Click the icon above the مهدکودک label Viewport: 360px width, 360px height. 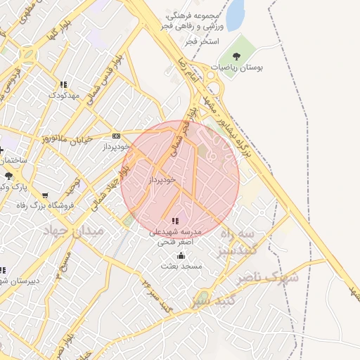[x=64, y=84]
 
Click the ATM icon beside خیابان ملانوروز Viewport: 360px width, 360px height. [x=117, y=136]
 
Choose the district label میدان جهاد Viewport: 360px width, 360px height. [x=73, y=231]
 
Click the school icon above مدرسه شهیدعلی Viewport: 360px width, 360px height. [x=175, y=221]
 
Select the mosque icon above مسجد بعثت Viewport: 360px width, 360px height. [x=181, y=256]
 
